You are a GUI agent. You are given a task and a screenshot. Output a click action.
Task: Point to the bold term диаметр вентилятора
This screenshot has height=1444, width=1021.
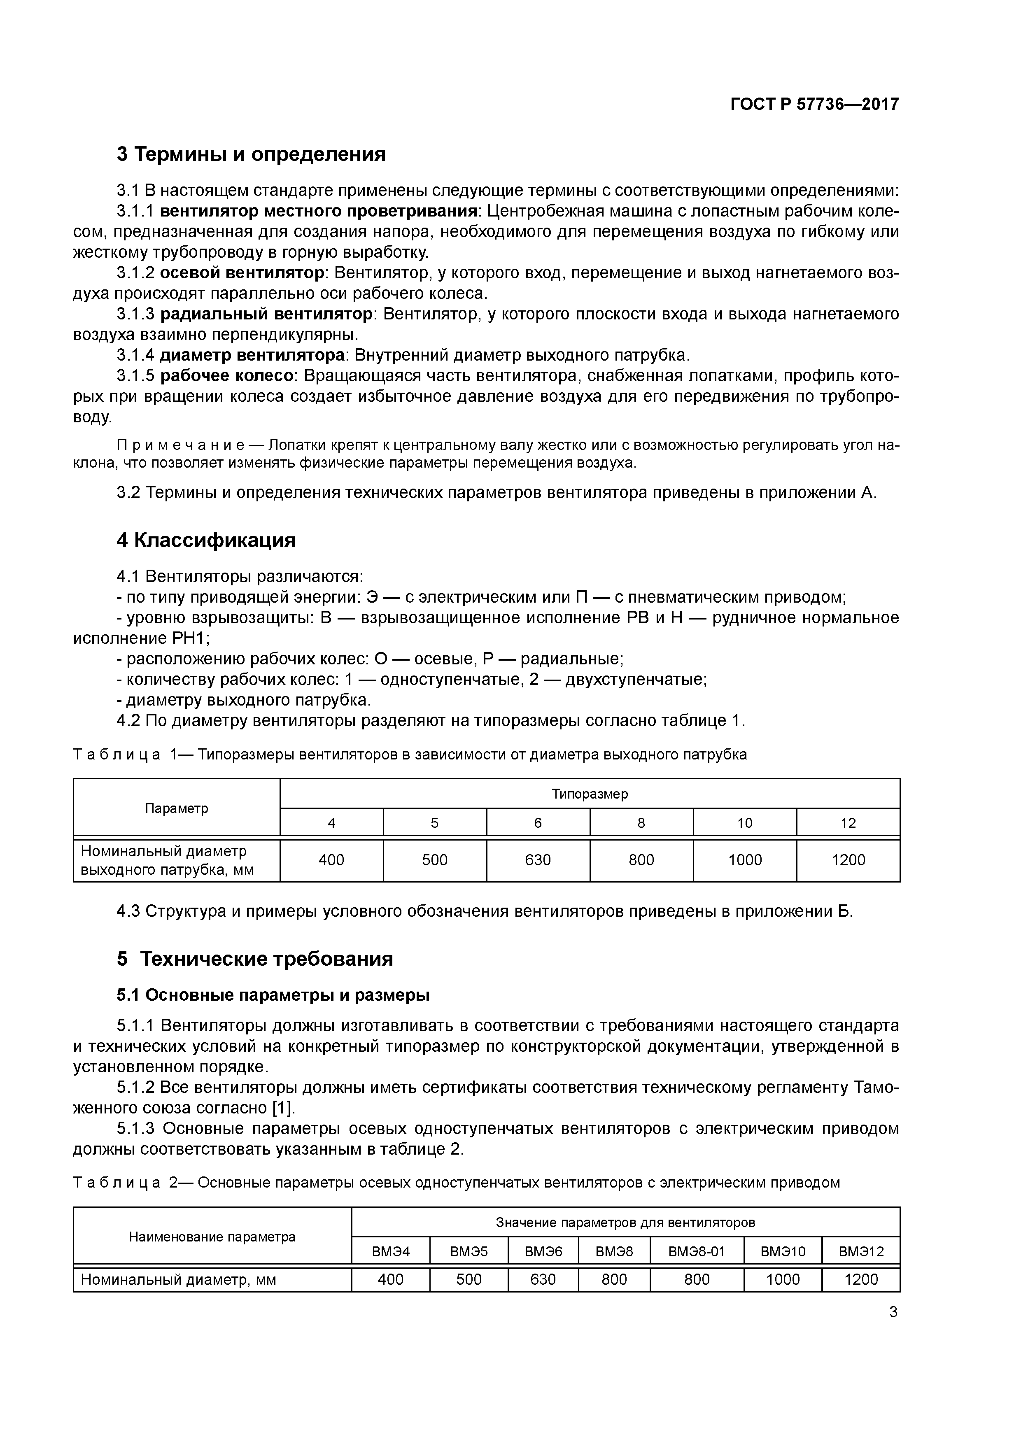pyautogui.click(x=252, y=355)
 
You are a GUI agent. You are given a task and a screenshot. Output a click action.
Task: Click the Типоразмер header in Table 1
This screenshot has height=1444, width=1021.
pyautogui.click(x=590, y=794)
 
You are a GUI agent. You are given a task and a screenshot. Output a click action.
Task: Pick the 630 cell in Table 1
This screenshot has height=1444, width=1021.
pyautogui.click(x=538, y=860)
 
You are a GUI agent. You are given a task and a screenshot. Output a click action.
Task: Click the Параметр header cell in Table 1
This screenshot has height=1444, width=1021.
pyautogui.click(x=176, y=808)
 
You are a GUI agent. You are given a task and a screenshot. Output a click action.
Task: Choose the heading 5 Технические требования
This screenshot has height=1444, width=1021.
pyautogui.click(x=255, y=958)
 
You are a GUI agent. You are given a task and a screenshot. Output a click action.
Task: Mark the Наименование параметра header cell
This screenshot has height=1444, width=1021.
pyautogui.click(x=212, y=1237)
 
